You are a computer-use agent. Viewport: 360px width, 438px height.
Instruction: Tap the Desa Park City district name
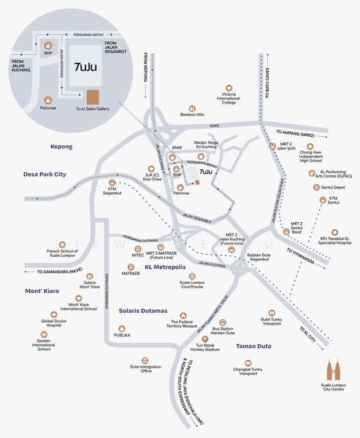point(45,174)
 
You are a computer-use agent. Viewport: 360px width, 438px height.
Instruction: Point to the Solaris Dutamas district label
point(143,310)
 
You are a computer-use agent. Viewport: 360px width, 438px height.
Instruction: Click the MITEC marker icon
point(138,247)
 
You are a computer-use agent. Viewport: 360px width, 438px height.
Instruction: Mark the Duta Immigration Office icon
point(146,361)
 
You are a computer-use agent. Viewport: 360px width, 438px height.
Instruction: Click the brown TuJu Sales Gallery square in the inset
point(93,96)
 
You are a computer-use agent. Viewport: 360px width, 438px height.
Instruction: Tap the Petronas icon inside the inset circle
point(50,99)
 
